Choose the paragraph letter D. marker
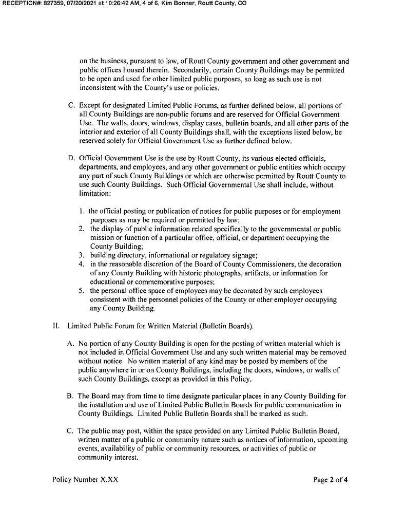tap(72, 157)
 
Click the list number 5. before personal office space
tap(82, 290)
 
